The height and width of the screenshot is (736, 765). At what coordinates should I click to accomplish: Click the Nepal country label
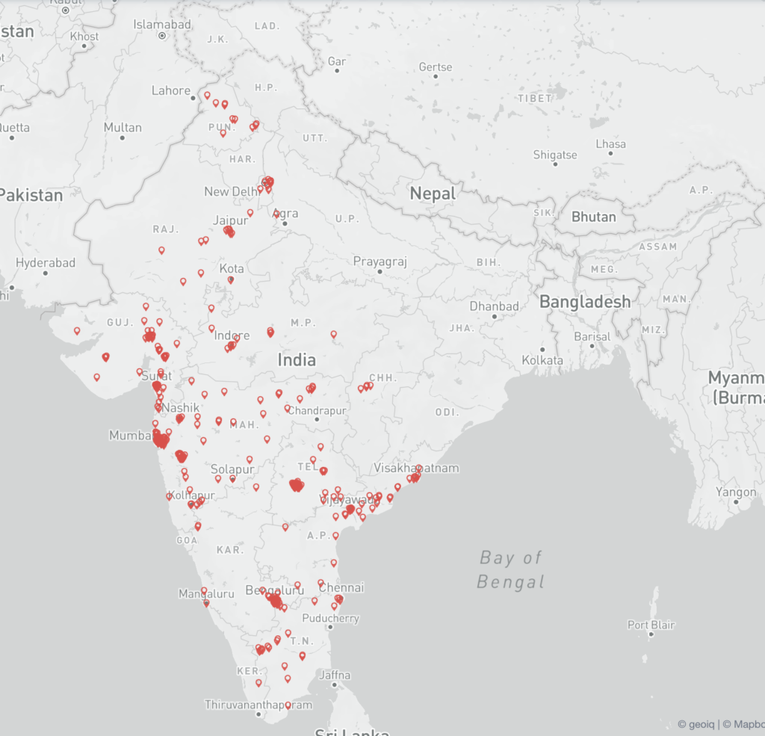(x=433, y=194)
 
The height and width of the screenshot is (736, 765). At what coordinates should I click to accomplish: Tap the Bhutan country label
(x=594, y=217)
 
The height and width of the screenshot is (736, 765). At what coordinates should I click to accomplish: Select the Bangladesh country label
(x=585, y=302)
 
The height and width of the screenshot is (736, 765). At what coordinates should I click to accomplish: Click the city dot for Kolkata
(x=542, y=349)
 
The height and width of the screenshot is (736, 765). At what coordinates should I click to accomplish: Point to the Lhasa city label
(x=611, y=143)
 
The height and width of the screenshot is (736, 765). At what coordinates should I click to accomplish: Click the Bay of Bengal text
(x=511, y=569)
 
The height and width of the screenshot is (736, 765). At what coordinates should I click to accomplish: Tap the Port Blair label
(x=651, y=625)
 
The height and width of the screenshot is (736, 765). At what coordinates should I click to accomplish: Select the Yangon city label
(x=736, y=492)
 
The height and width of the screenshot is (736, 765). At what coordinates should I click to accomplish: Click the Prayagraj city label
(x=380, y=262)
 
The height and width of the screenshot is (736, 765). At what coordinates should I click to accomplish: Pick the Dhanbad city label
(x=494, y=306)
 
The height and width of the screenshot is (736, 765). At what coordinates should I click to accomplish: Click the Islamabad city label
(x=162, y=25)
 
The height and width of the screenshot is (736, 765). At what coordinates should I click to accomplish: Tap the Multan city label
(x=123, y=128)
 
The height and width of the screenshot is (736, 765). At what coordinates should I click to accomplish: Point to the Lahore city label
(x=171, y=90)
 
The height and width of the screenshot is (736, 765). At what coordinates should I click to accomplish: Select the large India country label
(x=297, y=359)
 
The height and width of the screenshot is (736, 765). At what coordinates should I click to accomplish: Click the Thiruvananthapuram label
(x=258, y=705)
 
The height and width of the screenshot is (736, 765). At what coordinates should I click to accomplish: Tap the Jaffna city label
(x=334, y=675)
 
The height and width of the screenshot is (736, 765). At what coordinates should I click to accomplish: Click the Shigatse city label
(x=555, y=155)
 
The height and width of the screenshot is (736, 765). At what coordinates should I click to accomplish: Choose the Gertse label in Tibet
(x=436, y=67)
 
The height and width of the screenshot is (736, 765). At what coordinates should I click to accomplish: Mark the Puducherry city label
(x=330, y=618)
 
